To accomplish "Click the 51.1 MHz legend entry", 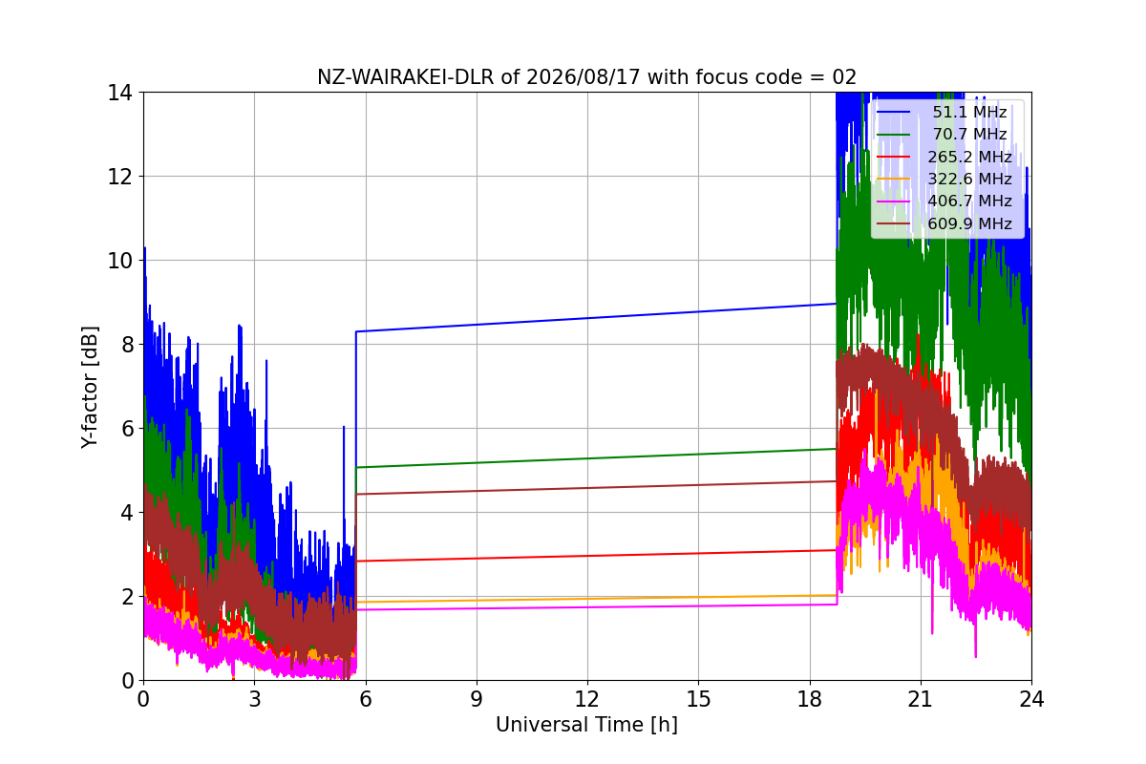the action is (942, 112).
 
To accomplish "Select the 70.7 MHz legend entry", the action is (942, 134).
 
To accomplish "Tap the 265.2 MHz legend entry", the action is (944, 157).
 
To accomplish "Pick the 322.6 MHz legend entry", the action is (944, 179).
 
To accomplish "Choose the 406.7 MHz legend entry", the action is (944, 202).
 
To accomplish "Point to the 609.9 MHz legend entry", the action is (944, 223).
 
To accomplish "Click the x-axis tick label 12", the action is (587, 699).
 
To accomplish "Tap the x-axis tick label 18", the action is (810, 699).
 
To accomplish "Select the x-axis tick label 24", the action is (1031, 699).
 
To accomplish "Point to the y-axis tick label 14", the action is (119, 94).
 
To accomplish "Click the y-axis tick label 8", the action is (126, 345).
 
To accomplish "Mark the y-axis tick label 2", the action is (126, 597).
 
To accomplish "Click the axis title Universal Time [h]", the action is (586, 725).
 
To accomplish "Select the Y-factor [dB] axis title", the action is (89, 388).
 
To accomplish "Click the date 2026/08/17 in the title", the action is (584, 77).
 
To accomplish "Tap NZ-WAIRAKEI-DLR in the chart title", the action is (406, 77).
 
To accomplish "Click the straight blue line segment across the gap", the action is (596, 318).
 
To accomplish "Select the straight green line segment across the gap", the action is (596, 458).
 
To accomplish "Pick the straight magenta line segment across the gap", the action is (597, 607).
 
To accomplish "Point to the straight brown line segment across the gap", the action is (596, 488).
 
